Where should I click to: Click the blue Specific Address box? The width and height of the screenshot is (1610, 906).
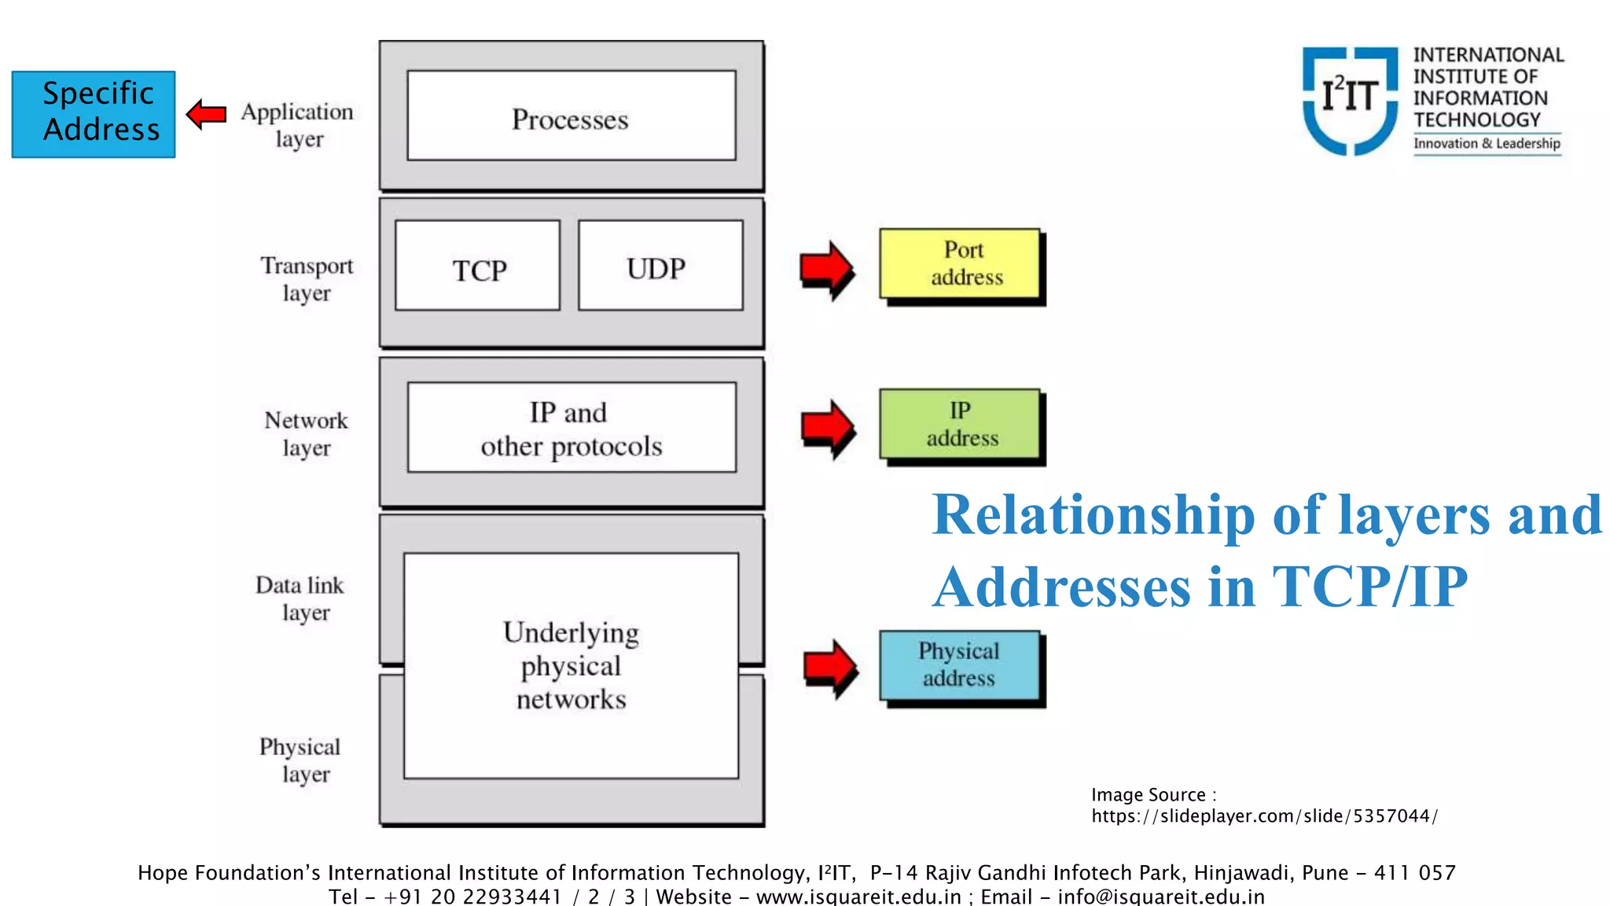click(94, 114)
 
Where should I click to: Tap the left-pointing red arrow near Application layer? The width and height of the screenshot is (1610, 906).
click(207, 115)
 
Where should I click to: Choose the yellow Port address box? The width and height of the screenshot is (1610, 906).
click(960, 263)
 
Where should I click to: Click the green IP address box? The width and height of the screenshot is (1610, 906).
click(960, 424)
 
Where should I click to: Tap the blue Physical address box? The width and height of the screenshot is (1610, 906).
click(960, 665)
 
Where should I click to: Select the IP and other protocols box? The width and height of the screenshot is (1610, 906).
click(572, 428)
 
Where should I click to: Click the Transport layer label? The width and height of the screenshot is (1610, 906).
click(307, 279)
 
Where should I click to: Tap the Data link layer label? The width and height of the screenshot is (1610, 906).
click(300, 598)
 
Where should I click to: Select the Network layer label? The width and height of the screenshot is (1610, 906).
click(307, 433)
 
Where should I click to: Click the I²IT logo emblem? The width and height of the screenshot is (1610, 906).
click(1350, 100)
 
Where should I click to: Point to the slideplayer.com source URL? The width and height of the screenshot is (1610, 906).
click(1264, 816)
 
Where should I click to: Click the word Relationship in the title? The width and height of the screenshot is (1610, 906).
click(1093, 515)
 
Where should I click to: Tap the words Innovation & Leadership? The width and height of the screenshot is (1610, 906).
click(1487, 143)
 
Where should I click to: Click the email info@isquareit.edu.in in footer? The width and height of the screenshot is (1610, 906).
click(1161, 897)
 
